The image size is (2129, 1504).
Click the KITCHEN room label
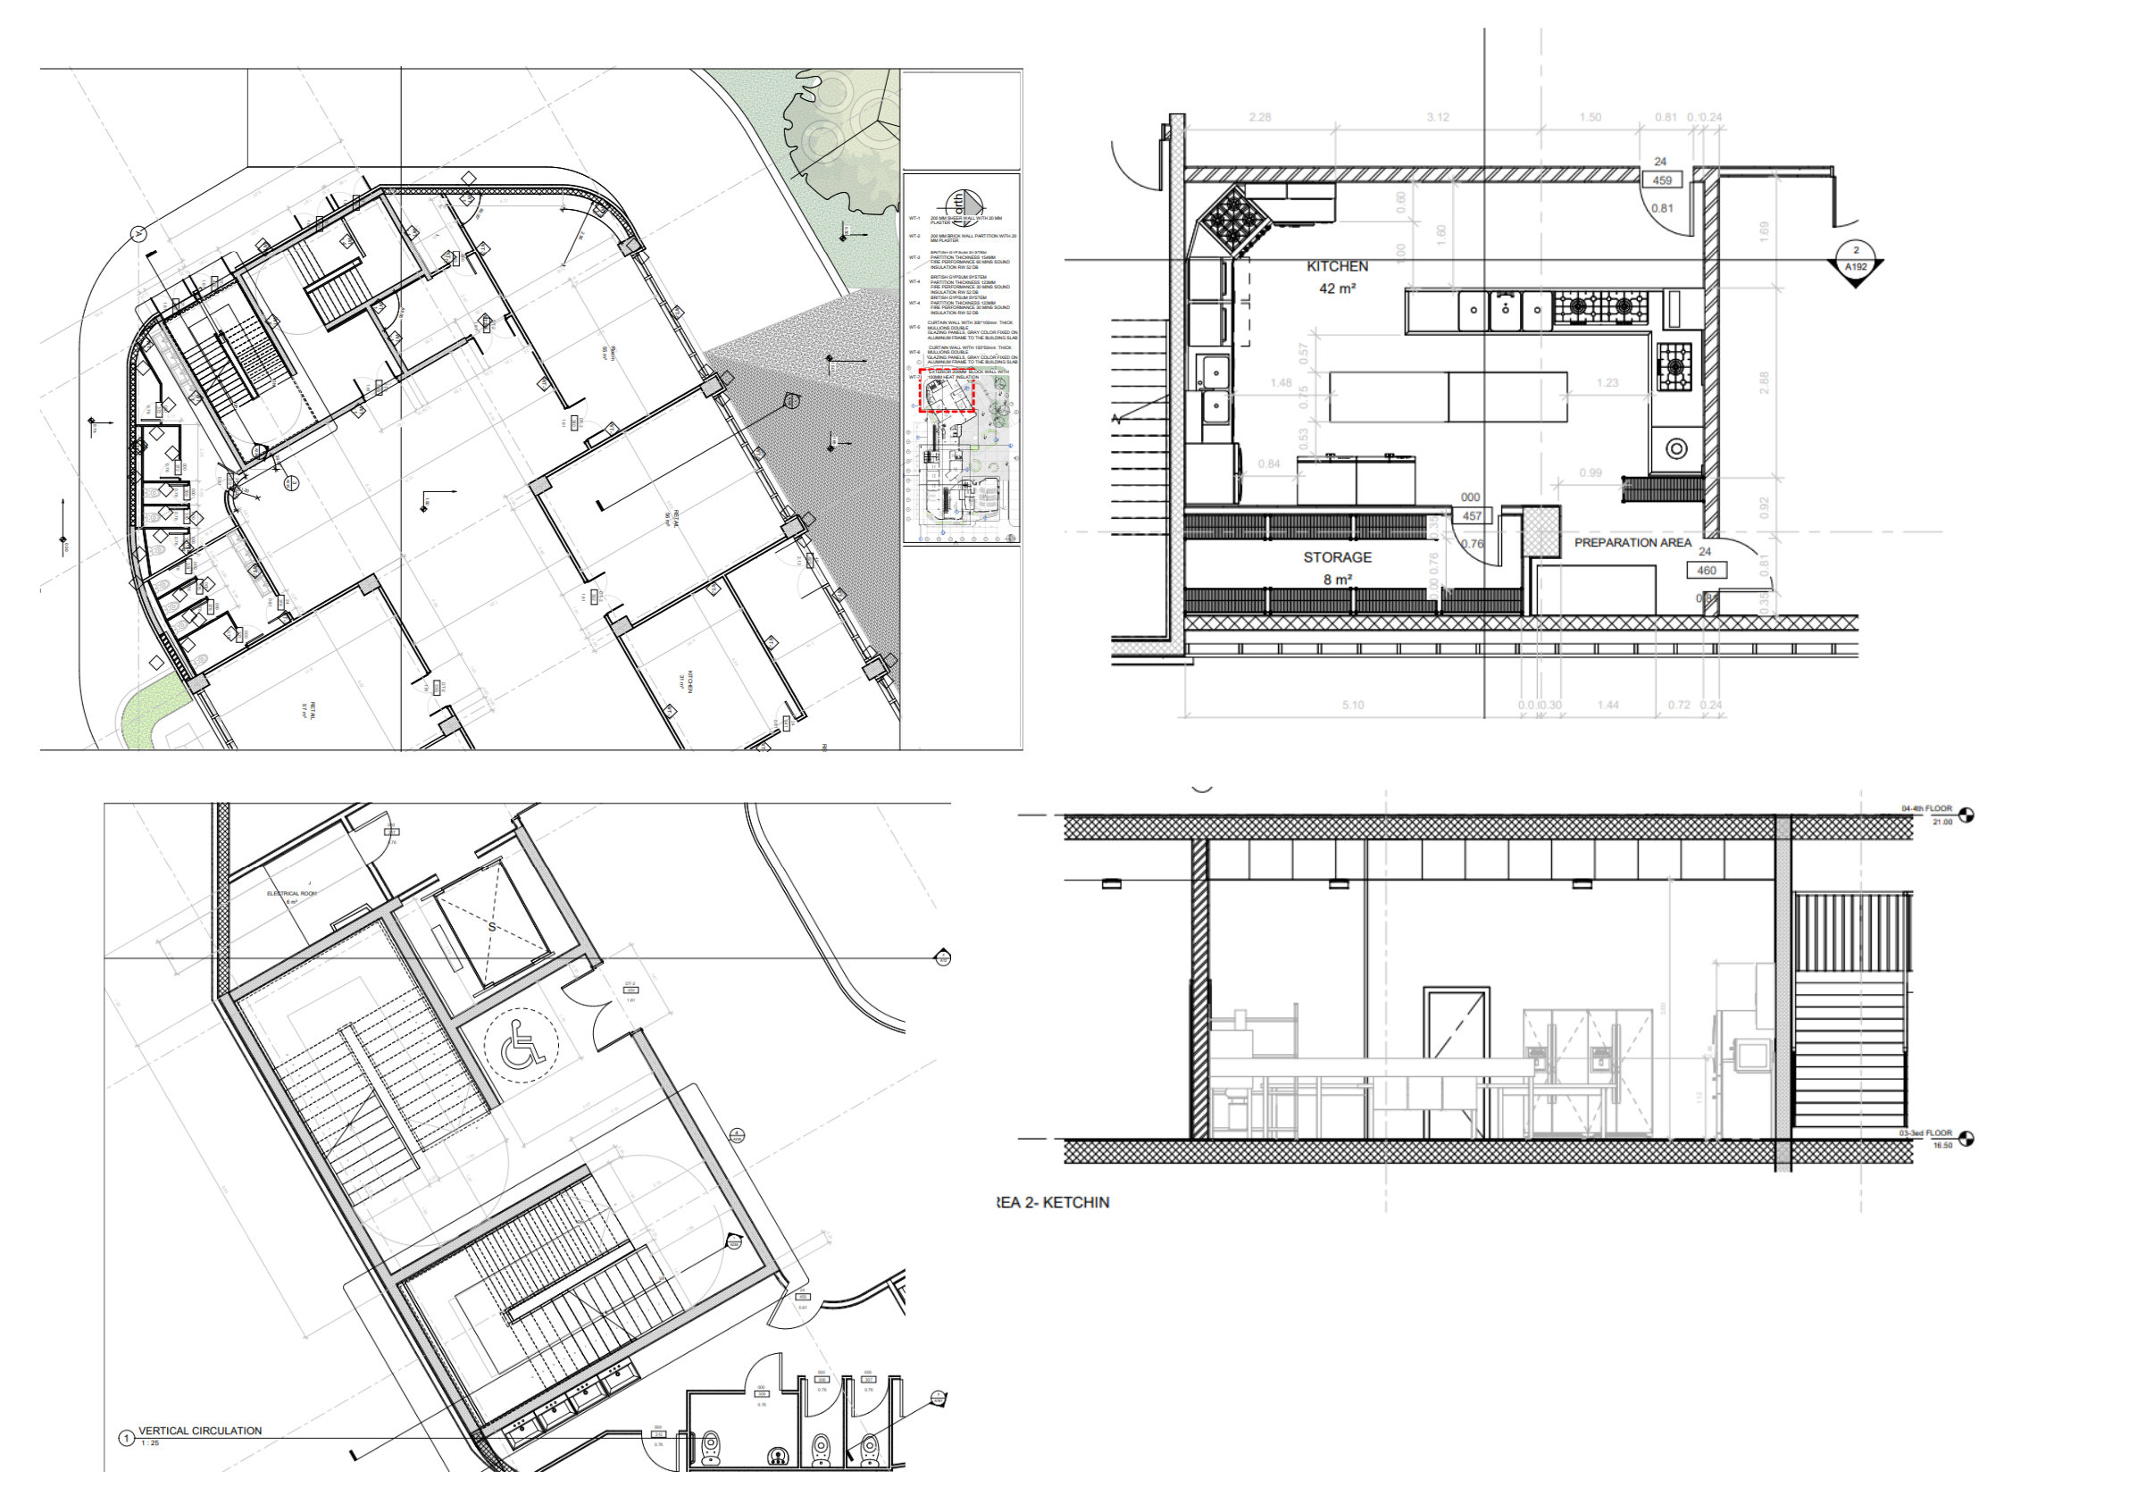point(1337,266)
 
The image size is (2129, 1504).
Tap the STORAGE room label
point(1337,557)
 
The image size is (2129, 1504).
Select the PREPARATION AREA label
point(1632,542)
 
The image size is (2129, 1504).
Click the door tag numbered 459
point(1662,180)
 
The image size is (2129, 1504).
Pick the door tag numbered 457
point(1472,516)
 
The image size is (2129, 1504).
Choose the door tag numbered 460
point(1707,572)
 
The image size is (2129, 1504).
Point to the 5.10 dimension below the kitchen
point(1353,706)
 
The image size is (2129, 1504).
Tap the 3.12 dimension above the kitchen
point(1438,117)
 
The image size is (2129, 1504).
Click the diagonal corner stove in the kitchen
point(1234,219)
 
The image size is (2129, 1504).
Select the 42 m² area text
point(1337,289)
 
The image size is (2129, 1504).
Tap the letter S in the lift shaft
point(492,927)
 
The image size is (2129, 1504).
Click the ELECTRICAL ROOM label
point(292,895)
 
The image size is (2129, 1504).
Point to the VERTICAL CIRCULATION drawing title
point(200,1431)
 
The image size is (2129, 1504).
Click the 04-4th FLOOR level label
point(1926,809)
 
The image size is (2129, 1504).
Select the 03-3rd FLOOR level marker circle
point(1966,1139)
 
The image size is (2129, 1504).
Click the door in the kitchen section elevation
point(1457,1062)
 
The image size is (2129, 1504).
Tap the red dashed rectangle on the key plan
point(947,390)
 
